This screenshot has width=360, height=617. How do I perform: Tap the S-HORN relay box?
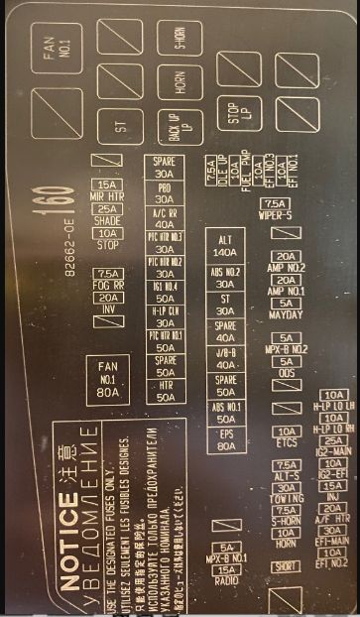click(180, 39)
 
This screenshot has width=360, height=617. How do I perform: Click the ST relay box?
click(122, 126)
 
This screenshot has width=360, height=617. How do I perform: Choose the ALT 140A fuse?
click(225, 245)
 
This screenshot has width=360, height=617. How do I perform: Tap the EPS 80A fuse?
click(225, 439)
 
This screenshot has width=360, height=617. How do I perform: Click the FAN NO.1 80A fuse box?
click(108, 378)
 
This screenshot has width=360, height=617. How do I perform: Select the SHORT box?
click(286, 566)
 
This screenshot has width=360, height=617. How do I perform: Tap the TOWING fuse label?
click(286, 499)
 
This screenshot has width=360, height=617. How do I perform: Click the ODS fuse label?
click(287, 373)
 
